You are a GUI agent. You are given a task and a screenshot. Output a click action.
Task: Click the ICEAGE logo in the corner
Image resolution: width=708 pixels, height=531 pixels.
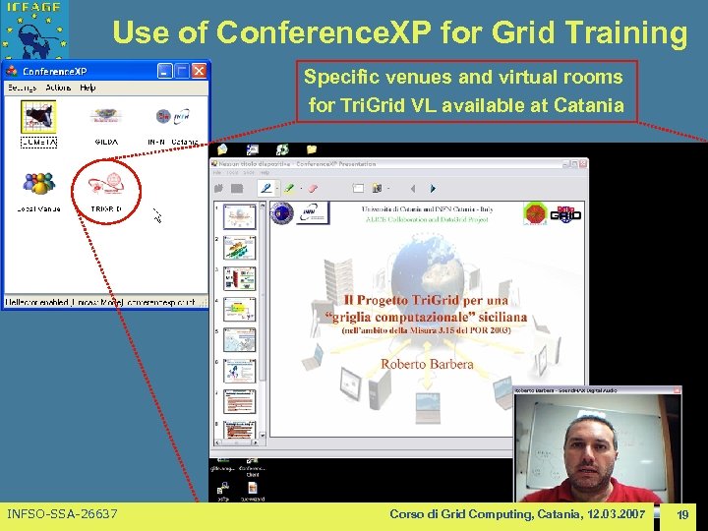(x=35, y=27)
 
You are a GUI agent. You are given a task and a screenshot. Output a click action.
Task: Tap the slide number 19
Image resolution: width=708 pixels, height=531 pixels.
(x=682, y=514)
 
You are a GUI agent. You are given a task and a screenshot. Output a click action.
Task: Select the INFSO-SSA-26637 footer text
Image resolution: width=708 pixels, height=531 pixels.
(x=62, y=514)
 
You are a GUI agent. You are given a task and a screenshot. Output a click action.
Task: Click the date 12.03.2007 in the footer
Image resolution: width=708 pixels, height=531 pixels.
(x=609, y=514)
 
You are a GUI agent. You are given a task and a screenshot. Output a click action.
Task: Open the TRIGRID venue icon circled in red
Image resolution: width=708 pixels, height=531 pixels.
(x=106, y=186)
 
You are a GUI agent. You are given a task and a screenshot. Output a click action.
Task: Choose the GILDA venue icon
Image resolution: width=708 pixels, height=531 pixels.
(x=106, y=118)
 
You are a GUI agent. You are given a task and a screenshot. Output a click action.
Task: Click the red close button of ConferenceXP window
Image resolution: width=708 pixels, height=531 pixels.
(x=200, y=71)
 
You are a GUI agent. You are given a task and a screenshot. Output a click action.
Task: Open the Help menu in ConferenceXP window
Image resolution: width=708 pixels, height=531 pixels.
(x=88, y=88)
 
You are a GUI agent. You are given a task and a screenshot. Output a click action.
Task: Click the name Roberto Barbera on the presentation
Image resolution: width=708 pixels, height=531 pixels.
(x=427, y=364)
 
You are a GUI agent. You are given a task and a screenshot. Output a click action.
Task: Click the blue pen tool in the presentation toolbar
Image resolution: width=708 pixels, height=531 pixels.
(x=265, y=187)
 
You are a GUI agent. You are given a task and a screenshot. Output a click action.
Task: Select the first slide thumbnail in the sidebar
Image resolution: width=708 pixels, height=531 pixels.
(x=238, y=216)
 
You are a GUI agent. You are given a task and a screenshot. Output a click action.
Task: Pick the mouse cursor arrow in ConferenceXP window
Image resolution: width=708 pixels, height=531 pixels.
(x=155, y=212)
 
